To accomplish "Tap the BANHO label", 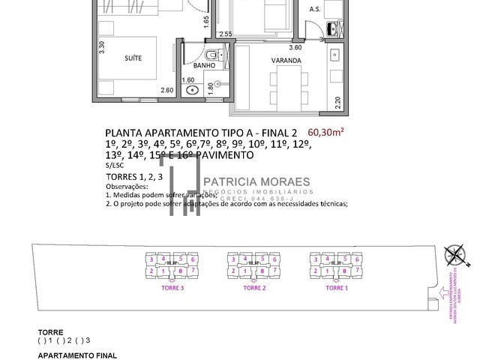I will tap(205, 65).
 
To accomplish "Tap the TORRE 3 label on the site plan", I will tap(172, 287).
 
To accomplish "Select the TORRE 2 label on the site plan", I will tap(255, 287).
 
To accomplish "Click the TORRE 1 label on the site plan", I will tap(337, 287).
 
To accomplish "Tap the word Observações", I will tap(128, 186).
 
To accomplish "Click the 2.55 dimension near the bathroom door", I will tap(225, 34).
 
